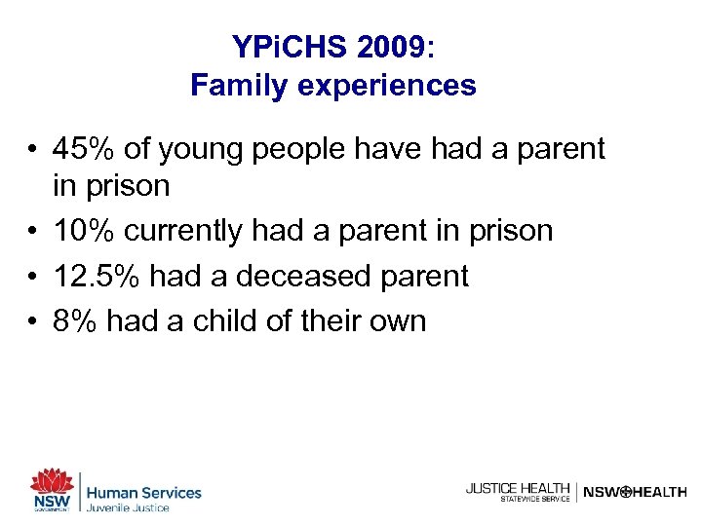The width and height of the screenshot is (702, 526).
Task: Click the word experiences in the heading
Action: [383, 86]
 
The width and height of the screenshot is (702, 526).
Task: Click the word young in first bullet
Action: [198, 150]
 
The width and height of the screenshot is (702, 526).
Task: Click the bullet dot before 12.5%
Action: [33, 277]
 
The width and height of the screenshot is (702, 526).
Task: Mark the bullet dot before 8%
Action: [33, 321]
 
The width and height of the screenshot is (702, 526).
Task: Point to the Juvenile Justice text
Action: [128, 507]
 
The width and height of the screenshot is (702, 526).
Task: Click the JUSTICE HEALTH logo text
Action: [518, 488]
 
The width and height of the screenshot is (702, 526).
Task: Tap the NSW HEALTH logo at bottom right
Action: [635, 493]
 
